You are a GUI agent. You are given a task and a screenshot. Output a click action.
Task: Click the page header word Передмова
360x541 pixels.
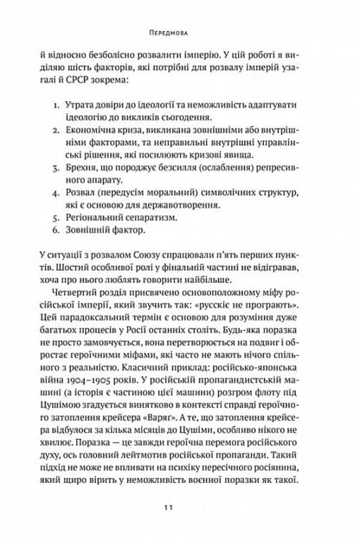[x=179, y=15]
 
